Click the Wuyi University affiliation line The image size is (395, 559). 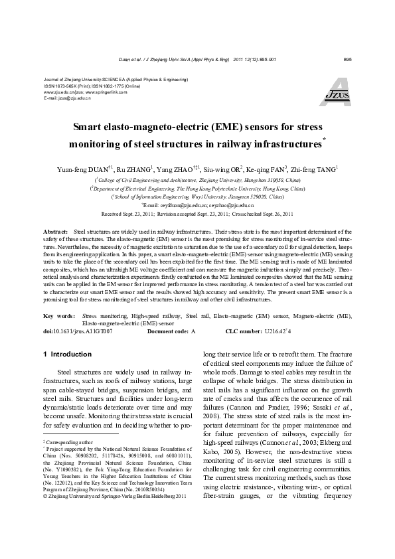pos(197,197)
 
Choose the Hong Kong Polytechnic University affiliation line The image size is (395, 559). pos(197,189)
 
